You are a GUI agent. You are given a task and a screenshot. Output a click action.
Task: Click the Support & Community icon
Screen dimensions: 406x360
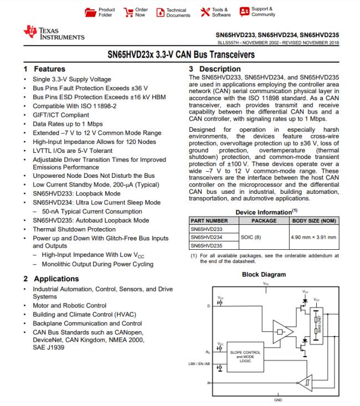click(x=244, y=12)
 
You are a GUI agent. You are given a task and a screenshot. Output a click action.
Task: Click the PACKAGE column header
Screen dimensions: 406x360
click(x=264, y=220)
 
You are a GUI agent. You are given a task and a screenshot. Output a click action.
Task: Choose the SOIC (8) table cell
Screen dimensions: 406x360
click(x=264, y=237)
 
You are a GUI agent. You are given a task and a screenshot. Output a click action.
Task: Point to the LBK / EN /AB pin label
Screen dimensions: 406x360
click(x=199, y=363)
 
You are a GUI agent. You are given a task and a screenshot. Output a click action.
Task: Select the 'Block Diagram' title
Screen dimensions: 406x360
click(x=264, y=274)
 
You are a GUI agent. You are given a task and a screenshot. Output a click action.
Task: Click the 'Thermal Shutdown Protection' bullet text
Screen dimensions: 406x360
click(x=74, y=229)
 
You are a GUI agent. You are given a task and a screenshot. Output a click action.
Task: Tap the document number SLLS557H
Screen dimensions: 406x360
click(x=229, y=42)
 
